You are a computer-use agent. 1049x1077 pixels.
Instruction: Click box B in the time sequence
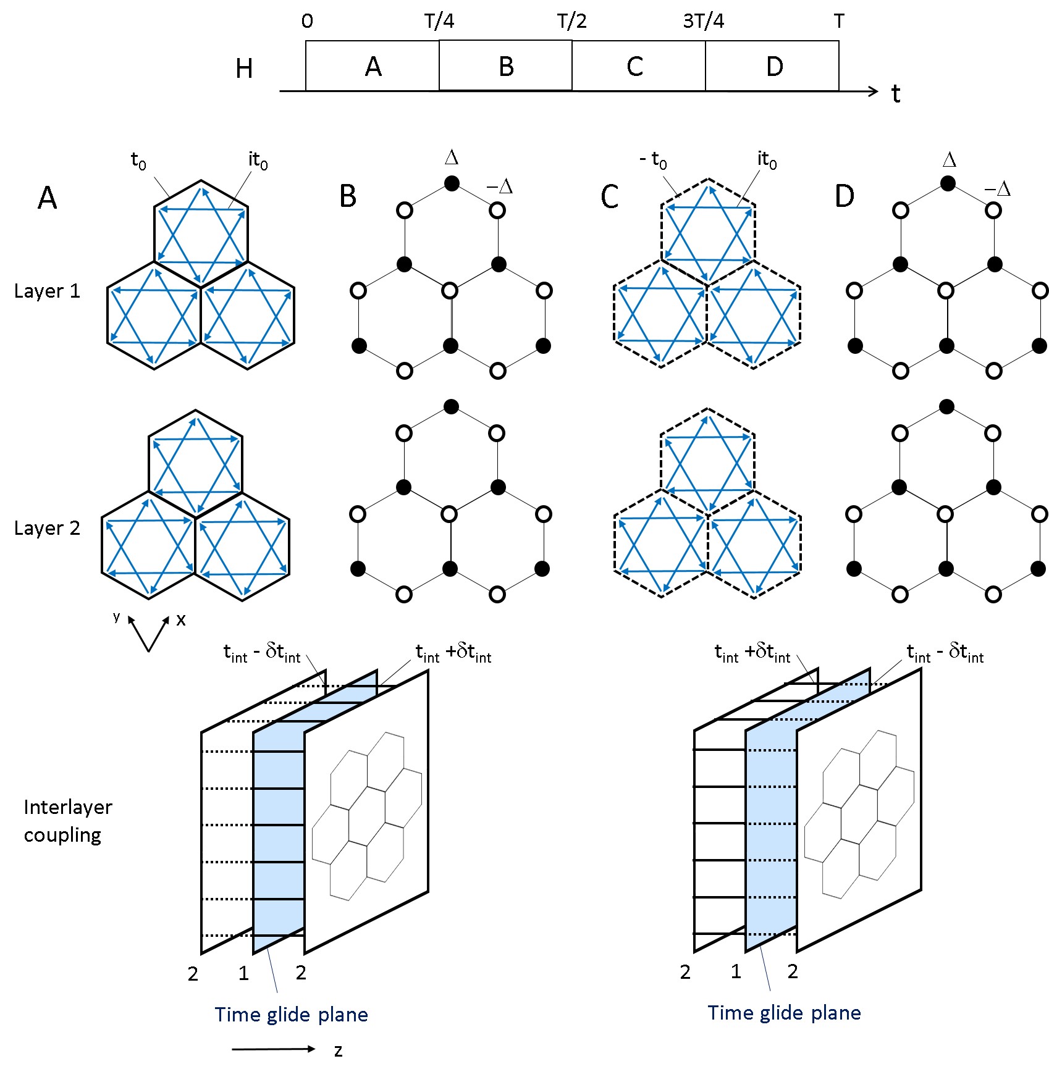click(x=505, y=65)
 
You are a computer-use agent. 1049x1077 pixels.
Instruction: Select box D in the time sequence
click(x=772, y=65)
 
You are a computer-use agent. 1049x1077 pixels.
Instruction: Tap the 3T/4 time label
click(x=703, y=22)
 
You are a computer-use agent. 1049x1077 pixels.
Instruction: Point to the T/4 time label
click(x=439, y=22)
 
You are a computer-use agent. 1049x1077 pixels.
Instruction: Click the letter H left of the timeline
click(x=244, y=69)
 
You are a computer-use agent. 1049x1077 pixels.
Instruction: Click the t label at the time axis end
click(x=896, y=94)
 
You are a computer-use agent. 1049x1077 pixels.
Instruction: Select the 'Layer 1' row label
click(x=48, y=291)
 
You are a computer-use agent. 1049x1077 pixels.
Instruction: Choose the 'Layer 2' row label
click(x=48, y=528)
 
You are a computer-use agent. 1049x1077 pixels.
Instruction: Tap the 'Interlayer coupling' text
click(x=68, y=821)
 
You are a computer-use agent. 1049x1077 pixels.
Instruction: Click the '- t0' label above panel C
click(x=653, y=161)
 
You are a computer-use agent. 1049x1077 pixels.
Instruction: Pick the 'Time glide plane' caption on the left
click(x=291, y=1015)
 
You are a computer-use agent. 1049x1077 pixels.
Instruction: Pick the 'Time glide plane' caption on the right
click(x=784, y=1013)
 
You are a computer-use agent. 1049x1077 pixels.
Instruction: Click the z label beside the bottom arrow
click(x=338, y=1050)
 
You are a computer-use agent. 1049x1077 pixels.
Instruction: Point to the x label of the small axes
click(x=180, y=620)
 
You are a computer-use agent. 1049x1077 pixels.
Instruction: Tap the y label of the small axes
click(x=116, y=616)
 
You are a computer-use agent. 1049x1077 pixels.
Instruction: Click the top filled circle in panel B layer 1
click(x=452, y=183)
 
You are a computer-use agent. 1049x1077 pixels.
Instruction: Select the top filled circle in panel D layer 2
click(x=946, y=406)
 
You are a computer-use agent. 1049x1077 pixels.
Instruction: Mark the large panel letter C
click(x=610, y=197)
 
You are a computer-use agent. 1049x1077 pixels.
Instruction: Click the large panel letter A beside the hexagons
click(x=48, y=198)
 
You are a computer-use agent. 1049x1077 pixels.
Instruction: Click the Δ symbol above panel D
click(x=950, y=160)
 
